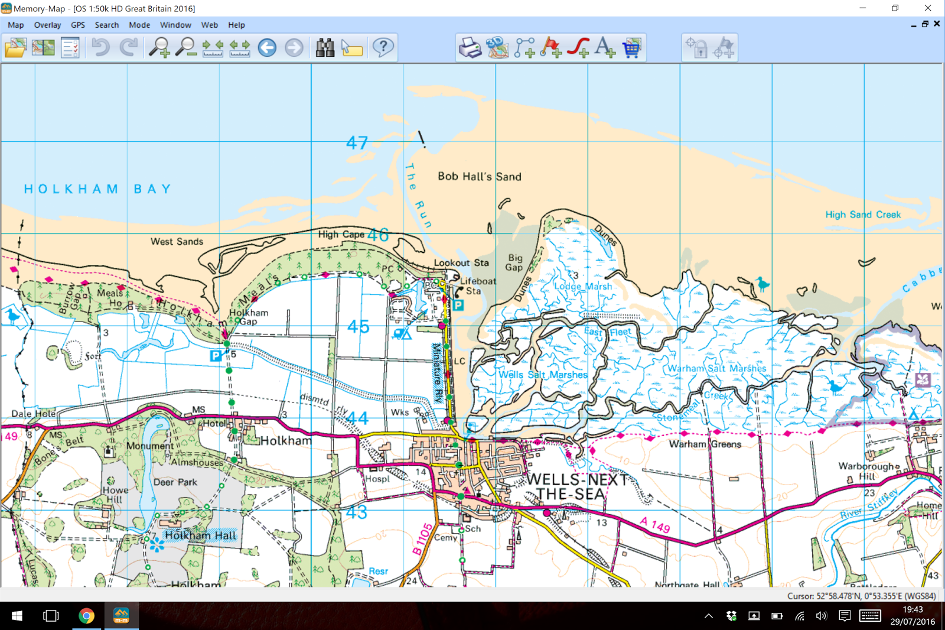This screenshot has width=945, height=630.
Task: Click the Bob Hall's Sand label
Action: pyautogui.click(x=479, y=176)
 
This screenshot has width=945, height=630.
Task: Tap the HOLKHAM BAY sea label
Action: pyautogui.click(x=97, y=189)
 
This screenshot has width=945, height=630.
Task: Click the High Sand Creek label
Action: pyautogui.click(x=863, y=215)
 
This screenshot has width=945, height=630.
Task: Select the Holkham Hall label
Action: pyautogui.click(x=200, y=535)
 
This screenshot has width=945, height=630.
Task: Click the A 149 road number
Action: pyautogui.click(x=655, y=524)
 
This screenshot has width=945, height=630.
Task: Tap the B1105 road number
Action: pyautogui.click(x=422, y=539)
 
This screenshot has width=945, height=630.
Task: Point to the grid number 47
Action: pyautogui.click(x=357, y=143)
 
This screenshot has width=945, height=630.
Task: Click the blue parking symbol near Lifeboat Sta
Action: pyautogui.click(x=458, y=306)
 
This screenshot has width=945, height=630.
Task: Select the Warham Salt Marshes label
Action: pyautogui.click(x=716, y=368)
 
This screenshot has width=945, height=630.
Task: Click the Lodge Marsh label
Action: pyautogui.click(x=583, y=286)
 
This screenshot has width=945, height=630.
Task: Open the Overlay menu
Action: pyautogui.click(x=47, y=25)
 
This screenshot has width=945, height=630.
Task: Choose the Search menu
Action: pyautogui.click(x=107, y=25)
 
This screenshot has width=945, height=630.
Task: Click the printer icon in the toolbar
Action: pyautogui.click(x=470, y=47)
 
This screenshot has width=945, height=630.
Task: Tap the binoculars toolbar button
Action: pyautogui.click(x=325, y=47)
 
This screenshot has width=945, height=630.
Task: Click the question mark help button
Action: pyautogui.click(x=383, y=47)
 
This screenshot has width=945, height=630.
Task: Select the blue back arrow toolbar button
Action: pyautogui.click(x=267, y=47)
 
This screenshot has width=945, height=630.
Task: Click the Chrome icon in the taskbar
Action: pyautogui.click(x=86, y=616)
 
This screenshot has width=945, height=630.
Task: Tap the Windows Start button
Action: pyautogui.click(x=17, y=616)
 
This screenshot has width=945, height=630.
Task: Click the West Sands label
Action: pyautogui.click(x=177, y=241)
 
